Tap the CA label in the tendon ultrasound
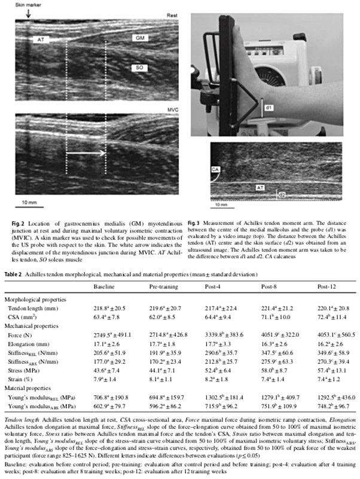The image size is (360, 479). pos(215,170)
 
